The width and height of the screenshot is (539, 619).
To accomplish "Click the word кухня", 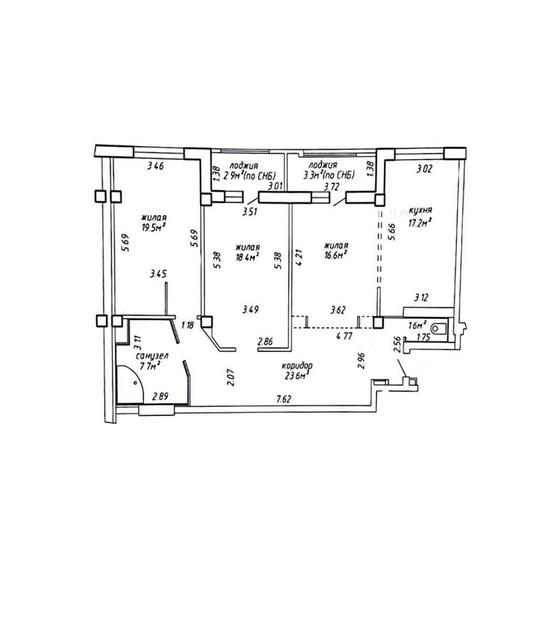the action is (x=421, y=210).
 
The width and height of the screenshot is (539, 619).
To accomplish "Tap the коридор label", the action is (x=298, y=366).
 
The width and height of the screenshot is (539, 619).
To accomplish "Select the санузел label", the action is (x=152, y=356).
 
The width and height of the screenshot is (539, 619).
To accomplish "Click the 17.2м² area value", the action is (x=419, y=223).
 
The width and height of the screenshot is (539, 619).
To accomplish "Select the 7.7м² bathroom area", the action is (x=150, y=366).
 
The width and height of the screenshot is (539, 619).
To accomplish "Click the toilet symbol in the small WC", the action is (x=439, y=328).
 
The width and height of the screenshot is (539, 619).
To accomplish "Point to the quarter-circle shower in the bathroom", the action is (x=130, y=384).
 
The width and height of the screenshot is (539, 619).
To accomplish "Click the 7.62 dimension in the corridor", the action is (x=284, y=399).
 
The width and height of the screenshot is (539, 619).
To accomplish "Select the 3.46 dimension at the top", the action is (x=155, y=166).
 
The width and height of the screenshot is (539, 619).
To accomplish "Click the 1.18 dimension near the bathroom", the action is (x=187, y=325).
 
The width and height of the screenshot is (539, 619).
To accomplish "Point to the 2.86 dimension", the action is (x=265, y=342).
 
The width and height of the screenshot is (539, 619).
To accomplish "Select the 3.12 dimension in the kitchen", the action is (x=421, y=297).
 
